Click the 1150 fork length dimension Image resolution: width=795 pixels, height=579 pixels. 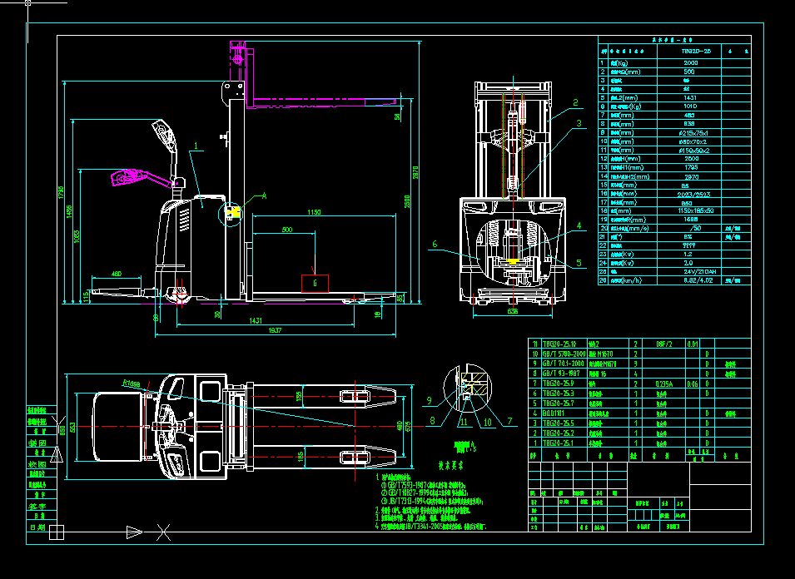pyautogui.click(x=313, y=214)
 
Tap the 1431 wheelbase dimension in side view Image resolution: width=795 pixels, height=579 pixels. pyautogui.click(x=256, y=320)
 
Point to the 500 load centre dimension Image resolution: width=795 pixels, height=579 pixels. pyautogui.click(x=287, y=230)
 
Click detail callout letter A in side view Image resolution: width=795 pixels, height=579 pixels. pyautogui.click(x=264, y=195)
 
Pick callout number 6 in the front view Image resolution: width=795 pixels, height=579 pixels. pyautogui.click(x=434, y=244)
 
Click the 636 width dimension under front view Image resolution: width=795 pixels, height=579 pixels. pyautogui.click(x=513, y=314)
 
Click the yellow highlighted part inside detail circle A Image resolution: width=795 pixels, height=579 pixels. pyautogui.click(x=233, y=213)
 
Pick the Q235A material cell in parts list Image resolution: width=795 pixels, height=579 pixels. pyautogui.click(x=663, y=384)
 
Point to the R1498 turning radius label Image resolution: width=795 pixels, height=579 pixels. pyautogui.click(x=130, y=384)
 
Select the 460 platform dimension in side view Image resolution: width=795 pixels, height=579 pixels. pyautogui.click(x=116, y=274)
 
